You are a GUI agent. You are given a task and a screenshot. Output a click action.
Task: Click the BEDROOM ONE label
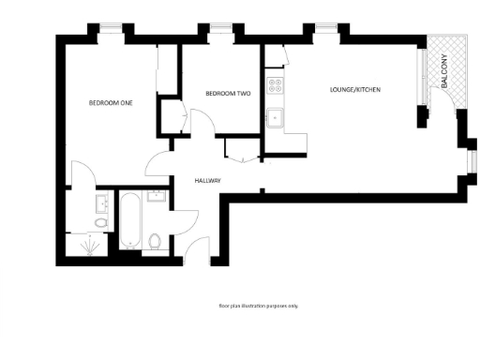coord(110,102)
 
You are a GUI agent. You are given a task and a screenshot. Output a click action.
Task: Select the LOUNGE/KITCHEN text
coord(355,89)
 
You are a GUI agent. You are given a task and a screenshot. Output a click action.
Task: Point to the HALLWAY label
coord(207,180)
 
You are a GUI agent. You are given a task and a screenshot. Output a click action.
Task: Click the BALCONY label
coord(444,72)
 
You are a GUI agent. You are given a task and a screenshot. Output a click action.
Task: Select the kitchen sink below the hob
coord(276,118)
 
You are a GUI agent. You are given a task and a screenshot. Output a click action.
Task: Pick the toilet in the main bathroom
coord(156,240)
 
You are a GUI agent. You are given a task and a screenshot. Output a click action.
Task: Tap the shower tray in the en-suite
coord(90,246)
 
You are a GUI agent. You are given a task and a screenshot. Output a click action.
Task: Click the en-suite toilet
coord(99,222)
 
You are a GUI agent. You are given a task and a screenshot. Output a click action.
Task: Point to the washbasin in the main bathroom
coord(156,197)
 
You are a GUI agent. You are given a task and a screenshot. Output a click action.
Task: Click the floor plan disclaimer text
coord(257,306)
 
